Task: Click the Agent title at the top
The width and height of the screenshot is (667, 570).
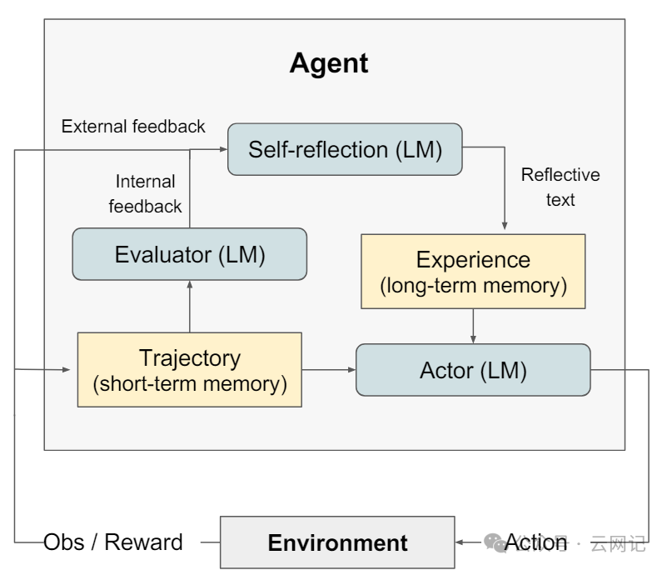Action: coord(329,63)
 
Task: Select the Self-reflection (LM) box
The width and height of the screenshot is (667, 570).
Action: coord(345,150)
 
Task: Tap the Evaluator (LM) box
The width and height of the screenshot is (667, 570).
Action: coord(190,255)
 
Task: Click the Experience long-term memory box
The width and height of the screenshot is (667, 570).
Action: coord(473,272)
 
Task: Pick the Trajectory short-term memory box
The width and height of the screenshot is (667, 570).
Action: coord(190,370)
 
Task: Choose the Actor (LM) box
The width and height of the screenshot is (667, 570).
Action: coord(473,370)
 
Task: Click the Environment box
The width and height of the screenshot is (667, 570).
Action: coord(337,543)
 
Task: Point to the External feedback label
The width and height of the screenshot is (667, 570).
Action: coord(133,127)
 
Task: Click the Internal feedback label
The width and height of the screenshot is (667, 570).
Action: coord(145,193)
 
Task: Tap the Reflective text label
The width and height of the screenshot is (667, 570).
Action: coord(560,187)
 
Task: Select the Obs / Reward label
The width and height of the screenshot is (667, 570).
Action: coord(113,542)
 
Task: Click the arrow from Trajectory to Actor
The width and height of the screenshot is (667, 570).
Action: coord(329,370)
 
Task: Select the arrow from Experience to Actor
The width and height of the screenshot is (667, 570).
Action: coord(473,326)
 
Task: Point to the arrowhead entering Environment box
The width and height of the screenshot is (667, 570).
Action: coord(460,542)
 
